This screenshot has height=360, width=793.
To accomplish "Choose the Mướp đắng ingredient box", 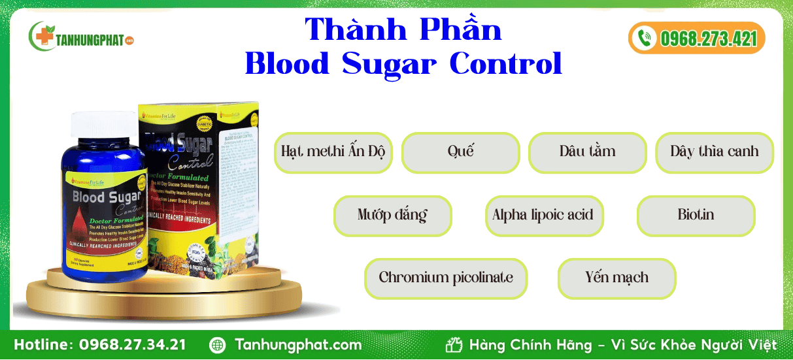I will click(392, 216).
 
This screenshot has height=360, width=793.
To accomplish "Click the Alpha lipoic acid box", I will click(544, 216).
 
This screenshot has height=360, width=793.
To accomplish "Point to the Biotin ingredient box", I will click(696, 216).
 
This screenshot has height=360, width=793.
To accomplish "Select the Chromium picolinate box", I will click(446, 278).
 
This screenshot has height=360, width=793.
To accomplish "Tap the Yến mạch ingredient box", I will click(616, 278).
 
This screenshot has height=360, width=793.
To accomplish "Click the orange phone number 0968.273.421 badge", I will click(697, 38).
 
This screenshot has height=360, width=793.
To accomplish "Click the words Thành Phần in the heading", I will click(403, 29).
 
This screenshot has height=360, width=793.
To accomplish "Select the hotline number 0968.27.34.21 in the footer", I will click(132, 345).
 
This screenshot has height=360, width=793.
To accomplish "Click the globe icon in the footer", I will click(218, 345).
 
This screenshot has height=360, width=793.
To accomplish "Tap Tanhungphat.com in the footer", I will click(297, 345).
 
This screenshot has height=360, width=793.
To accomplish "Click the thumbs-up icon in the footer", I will click(454, 345).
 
